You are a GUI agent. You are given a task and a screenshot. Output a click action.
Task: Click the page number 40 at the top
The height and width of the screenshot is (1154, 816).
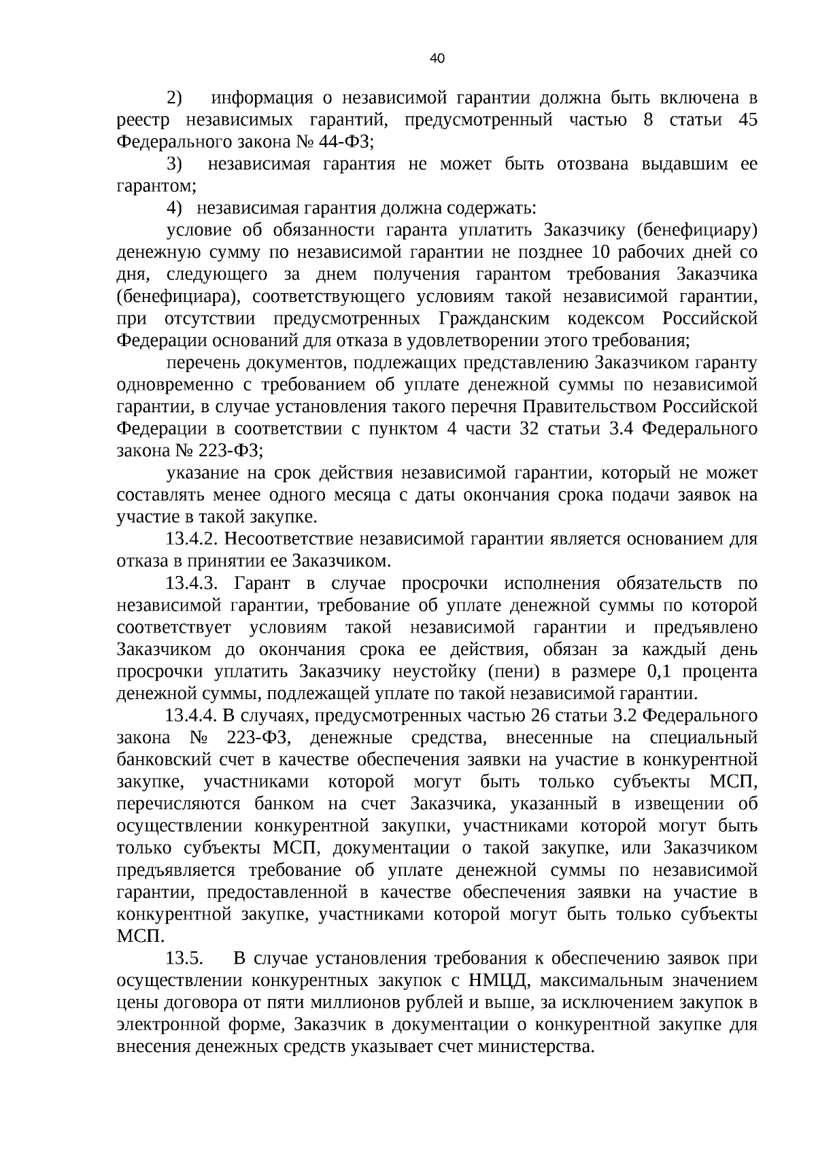point(437,58)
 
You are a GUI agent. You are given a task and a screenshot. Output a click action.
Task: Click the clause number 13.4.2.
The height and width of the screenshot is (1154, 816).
point(190,539)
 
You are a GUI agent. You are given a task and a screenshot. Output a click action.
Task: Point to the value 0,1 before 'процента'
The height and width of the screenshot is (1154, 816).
point(654,672)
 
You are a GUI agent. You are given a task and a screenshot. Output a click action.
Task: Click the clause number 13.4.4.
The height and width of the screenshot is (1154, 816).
point(190,716)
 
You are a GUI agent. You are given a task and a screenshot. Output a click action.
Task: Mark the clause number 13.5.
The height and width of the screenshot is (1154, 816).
point(184,959)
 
